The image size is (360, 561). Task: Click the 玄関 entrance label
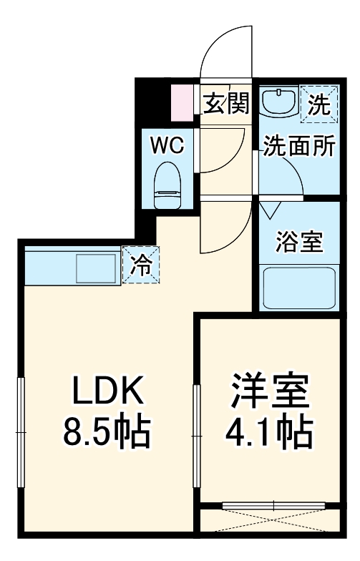point(226,104)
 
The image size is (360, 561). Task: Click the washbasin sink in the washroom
point(278,102)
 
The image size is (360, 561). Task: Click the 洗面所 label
point(297,146)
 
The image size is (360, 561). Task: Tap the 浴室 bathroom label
point(299,241)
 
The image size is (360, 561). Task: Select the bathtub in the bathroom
point(299,288)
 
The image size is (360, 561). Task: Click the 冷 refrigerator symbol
point(141,265)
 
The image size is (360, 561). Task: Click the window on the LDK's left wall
point(21,433)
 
